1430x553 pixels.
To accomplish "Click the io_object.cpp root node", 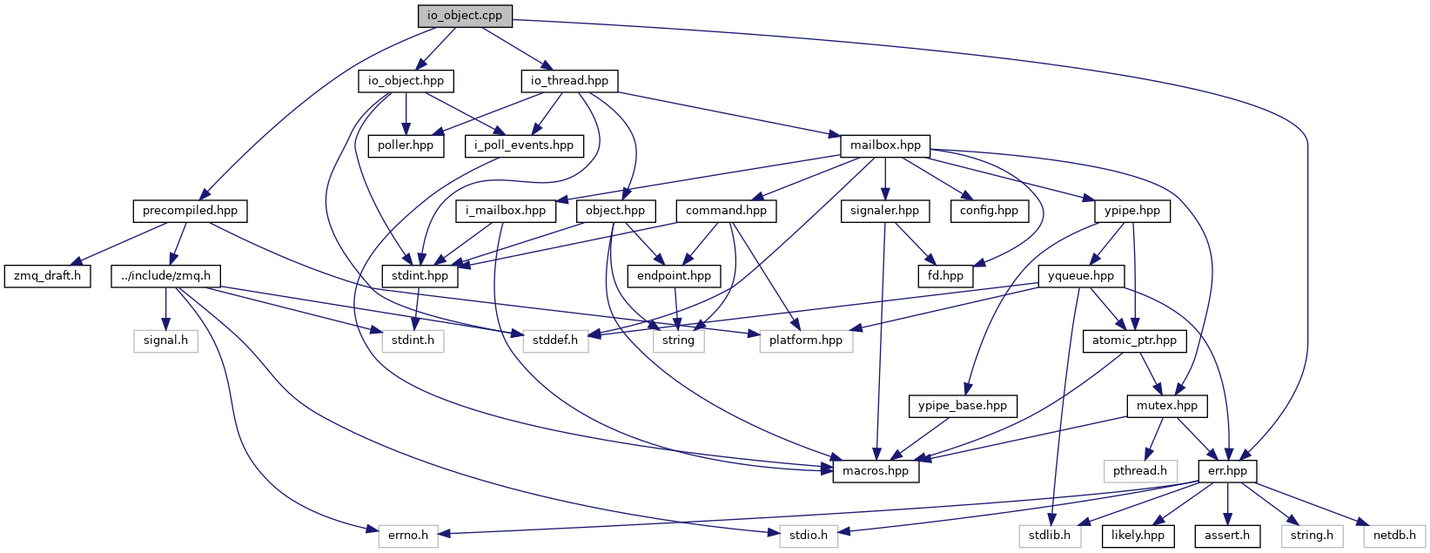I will point(465,16).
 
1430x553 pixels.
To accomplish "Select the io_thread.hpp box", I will point(570,81).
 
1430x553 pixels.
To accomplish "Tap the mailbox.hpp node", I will point(884,145).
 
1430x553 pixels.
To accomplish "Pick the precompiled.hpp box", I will point(190,211).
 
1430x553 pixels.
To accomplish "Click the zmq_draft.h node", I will point(47,276).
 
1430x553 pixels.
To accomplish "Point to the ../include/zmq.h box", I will point(166,276).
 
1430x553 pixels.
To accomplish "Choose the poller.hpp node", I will point(406,145).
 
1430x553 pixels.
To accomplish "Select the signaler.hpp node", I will point(885,211).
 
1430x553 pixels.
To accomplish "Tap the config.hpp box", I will point(989,211).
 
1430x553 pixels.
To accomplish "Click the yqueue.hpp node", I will point(1081,276).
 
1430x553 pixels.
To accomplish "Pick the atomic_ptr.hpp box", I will point(1134,341).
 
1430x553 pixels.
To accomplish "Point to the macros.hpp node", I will point(876,471).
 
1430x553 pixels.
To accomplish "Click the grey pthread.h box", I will point(1139,471).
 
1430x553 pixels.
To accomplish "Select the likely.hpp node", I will point(1137,536).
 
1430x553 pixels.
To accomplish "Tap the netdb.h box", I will point(1395,536).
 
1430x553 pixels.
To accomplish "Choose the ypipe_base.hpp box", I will point(962,406).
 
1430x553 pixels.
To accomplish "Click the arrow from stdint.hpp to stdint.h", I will point(414,308).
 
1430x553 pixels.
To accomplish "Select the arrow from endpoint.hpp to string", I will point(676,308).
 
